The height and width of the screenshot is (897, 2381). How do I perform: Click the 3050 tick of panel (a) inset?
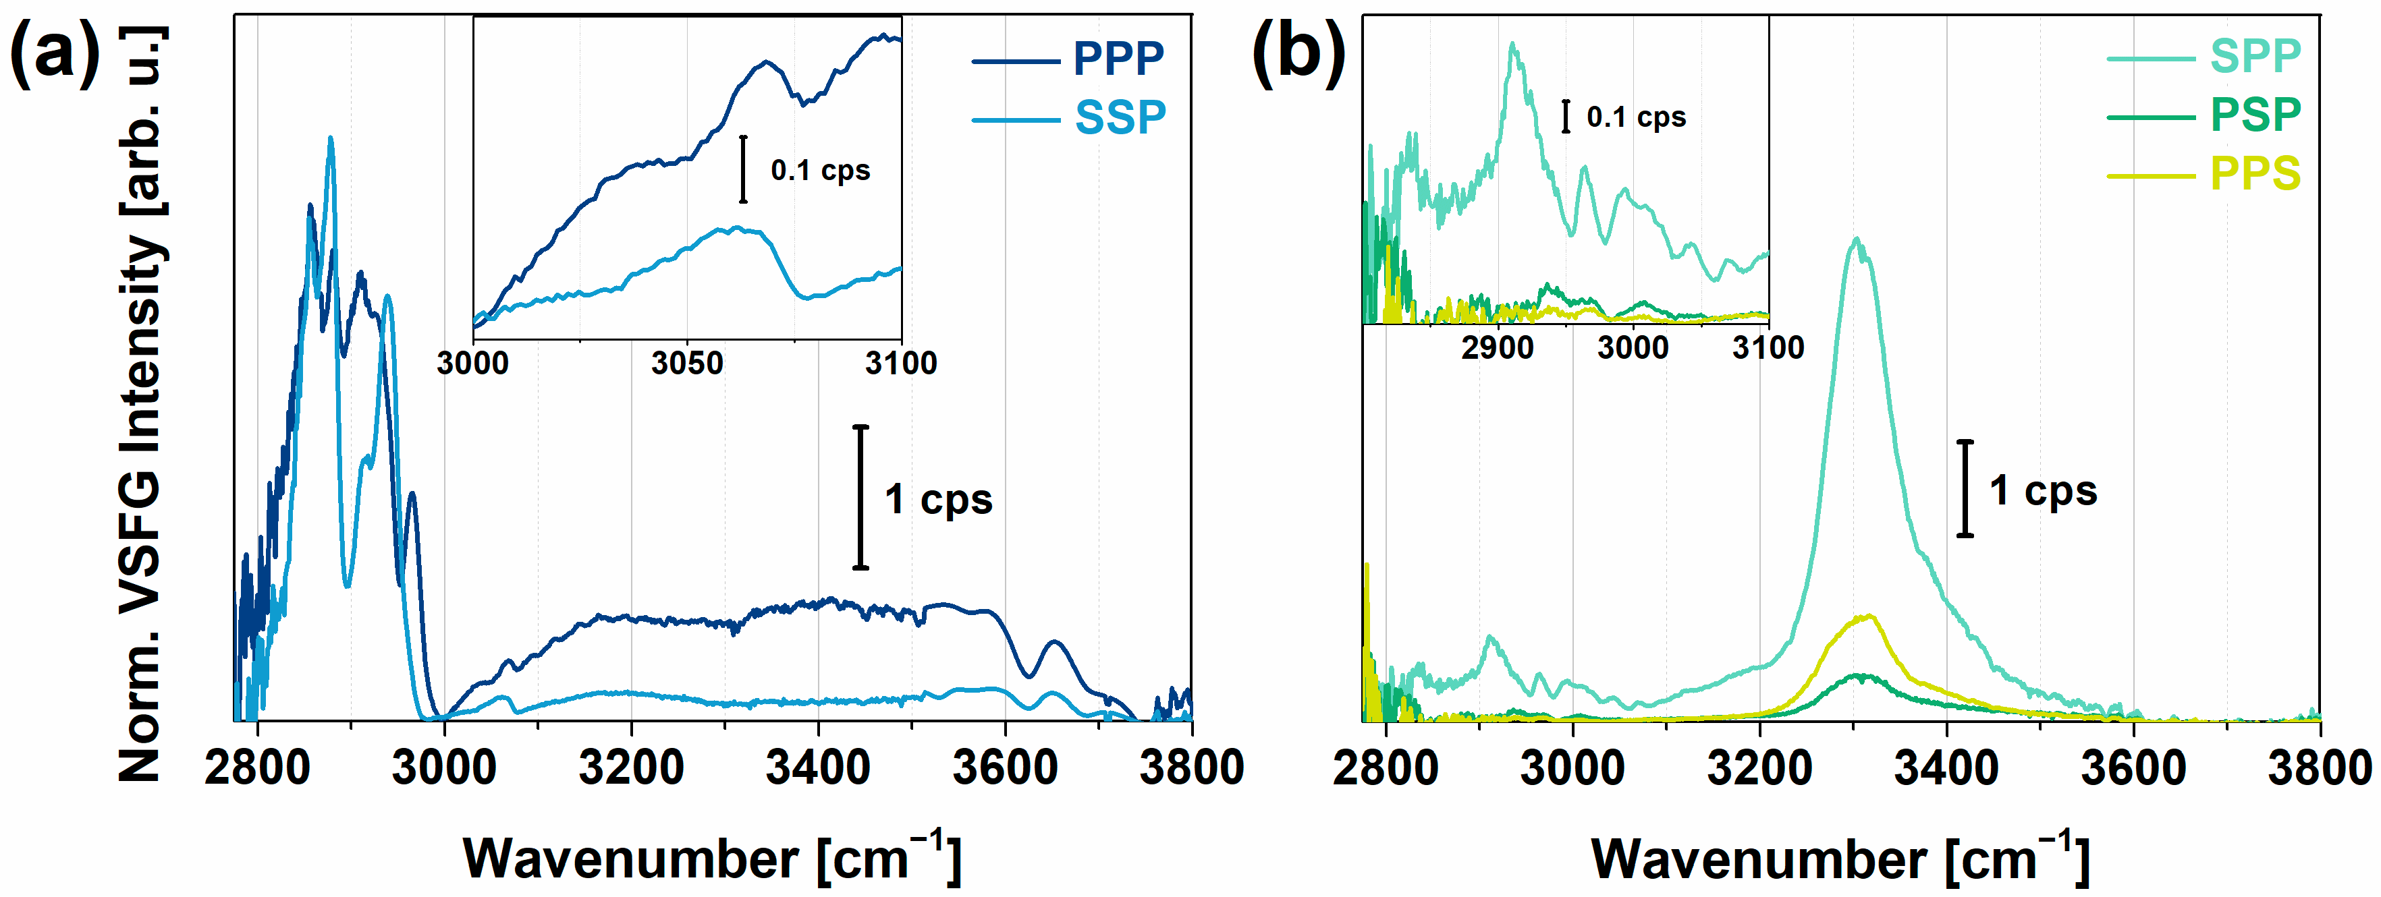click(x=687, y=363)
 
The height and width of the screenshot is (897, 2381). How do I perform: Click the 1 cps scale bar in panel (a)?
click(x=860, y=497)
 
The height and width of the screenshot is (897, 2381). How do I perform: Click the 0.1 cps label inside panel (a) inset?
click(x=820, y=170)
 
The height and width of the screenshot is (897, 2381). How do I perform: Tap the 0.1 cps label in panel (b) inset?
click(x=1636, y=117)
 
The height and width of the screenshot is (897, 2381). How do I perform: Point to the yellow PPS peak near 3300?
click(x=1867, y=616)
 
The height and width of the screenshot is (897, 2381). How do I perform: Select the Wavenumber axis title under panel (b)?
click(x=1839, y=859)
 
